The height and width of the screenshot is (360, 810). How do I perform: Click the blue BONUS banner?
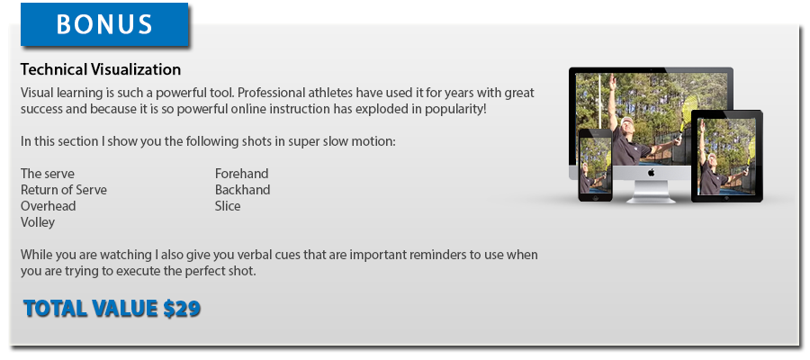pos(104,24)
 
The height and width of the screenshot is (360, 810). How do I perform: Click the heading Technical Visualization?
pos(101,69)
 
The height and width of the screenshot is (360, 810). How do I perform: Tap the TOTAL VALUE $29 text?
pos(112,309)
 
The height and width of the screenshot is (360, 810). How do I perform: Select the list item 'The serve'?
pos(48,174)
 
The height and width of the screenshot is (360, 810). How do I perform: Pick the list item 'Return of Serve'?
pos(64,190)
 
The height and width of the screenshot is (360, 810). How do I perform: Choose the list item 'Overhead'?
pos(48,205)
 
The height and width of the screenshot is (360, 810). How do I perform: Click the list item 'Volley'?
pos(38,222)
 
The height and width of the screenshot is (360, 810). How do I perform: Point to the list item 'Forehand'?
pos(242,174)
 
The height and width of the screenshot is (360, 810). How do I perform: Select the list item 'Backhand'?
pos(243,190)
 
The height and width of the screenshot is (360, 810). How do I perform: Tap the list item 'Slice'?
pos(228,205)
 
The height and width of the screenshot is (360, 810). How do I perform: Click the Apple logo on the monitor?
pos(651,173)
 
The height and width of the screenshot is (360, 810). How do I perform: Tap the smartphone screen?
pos(595,165)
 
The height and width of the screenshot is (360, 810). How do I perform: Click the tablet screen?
pos(727,156)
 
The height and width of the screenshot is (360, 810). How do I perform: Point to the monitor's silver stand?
pos(651,191)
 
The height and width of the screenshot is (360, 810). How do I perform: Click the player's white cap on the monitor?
pos(626,121)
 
